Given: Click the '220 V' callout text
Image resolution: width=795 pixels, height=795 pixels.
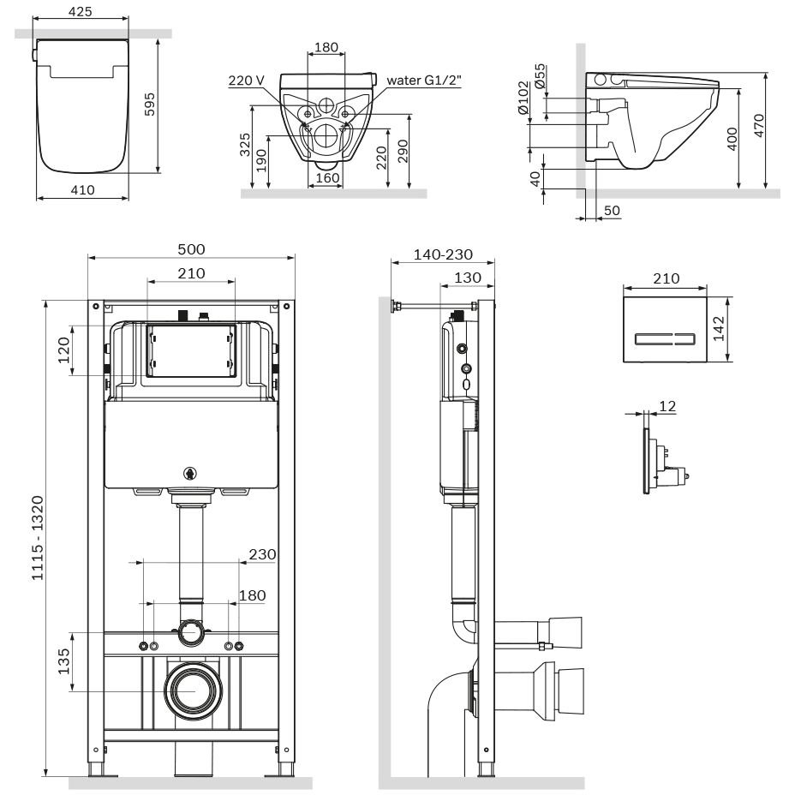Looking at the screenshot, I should pyautogui.click(x=247, y=81).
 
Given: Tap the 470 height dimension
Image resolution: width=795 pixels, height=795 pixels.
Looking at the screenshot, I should pyautogui.click(x=758, y=130).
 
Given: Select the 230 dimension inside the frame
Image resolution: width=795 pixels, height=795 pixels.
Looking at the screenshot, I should pyautogui.click(x=262, y=554).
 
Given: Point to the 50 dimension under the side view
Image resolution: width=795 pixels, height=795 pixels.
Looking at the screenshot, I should pyautogui.click(x=611, y=210).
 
